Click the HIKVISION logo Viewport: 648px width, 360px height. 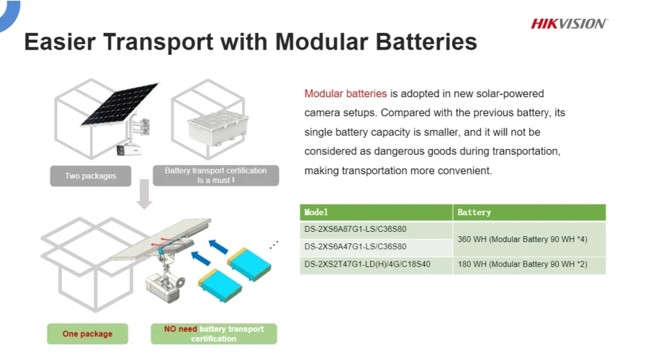tap(569, 24)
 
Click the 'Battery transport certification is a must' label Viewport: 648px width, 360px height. tap(215, 176)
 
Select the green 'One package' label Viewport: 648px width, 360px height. tap(87, 334)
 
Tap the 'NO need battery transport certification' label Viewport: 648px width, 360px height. tap(214, 334)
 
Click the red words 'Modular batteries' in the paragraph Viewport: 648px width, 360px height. tap(346, 94)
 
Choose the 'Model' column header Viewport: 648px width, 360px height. tap(316, 212)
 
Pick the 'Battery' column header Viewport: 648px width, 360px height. tap(474, 212)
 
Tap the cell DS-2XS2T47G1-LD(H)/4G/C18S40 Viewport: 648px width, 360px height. tap(367, 265)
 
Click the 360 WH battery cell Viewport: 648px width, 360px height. tap(522, 239)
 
